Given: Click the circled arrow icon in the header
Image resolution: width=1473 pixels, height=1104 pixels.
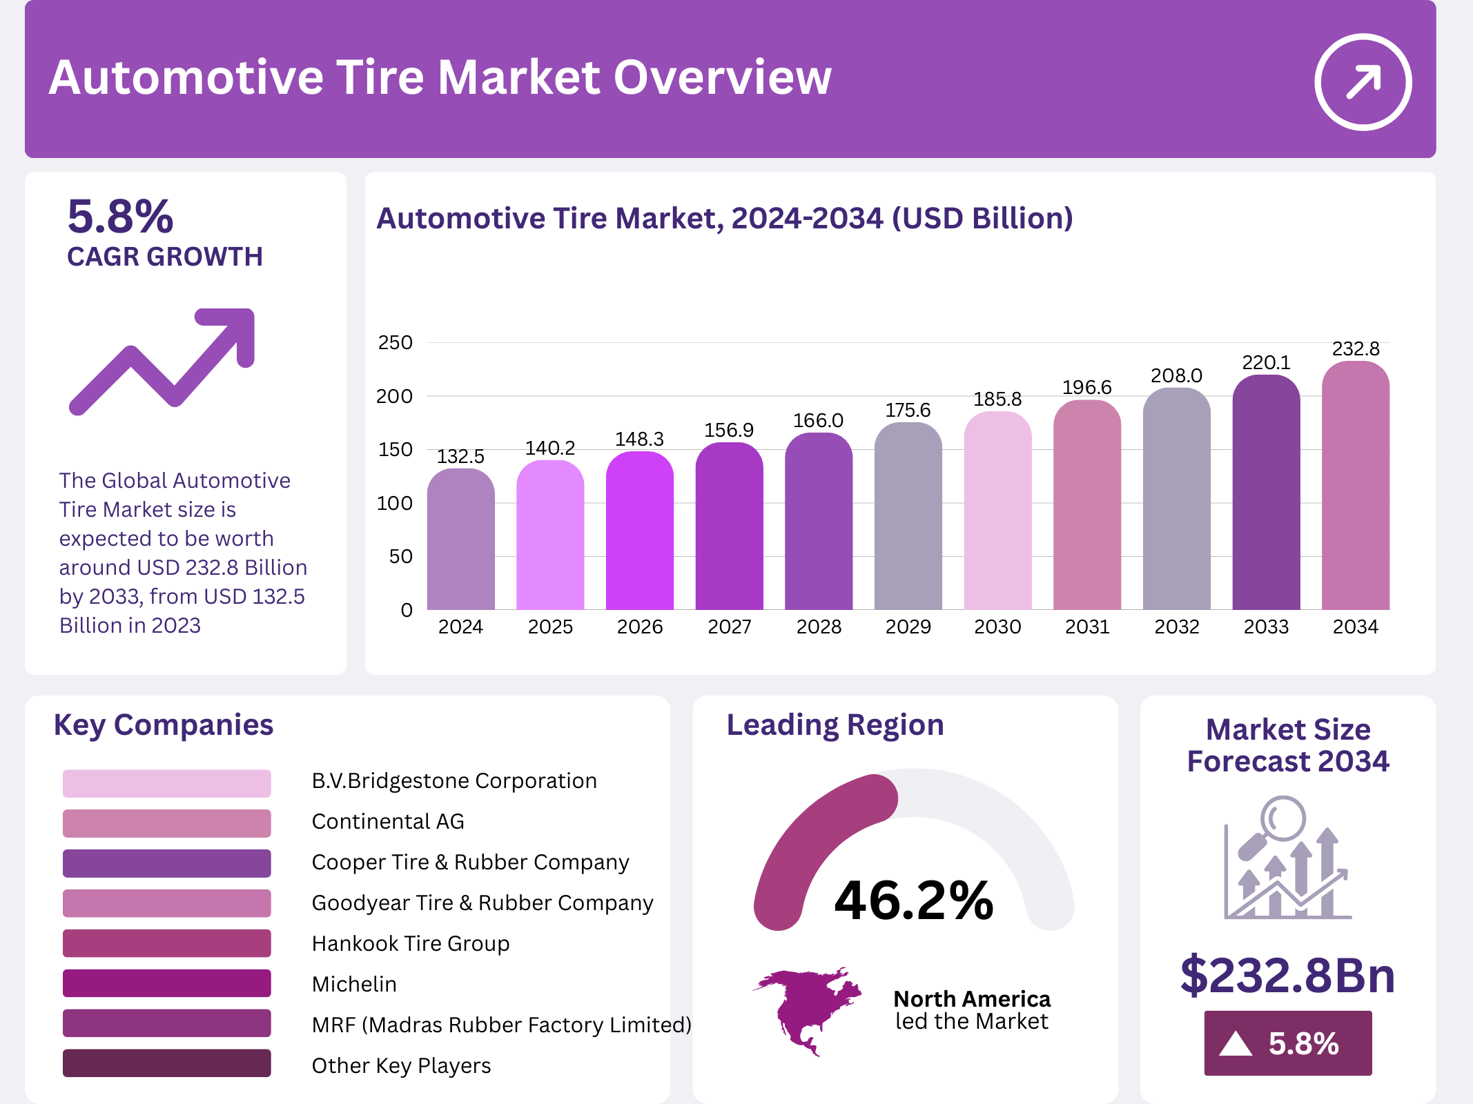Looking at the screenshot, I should tap(1363, 82).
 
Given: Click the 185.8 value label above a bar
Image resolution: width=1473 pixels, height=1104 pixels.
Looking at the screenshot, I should tap(997, 399).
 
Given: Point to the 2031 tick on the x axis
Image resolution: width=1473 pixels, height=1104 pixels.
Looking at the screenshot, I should tap(1087, 627).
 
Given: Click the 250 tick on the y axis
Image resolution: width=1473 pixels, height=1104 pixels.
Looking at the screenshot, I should tap(395, 342).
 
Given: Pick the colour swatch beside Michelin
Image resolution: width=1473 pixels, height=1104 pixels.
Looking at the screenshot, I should tap(166, 983).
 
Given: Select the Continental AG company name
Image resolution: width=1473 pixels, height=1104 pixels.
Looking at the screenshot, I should tap(388, 821).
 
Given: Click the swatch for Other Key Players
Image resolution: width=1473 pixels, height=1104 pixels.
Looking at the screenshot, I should tap(166, 1063).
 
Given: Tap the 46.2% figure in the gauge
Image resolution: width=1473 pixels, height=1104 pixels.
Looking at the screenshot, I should tap(914, 900).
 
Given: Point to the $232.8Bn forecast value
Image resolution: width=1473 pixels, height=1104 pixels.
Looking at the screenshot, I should tap(1287, 975).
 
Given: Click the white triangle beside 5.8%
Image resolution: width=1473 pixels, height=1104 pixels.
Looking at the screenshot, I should tap(1236, 1043).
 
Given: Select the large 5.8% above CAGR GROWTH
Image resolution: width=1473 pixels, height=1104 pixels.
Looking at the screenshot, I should tap(120, 217).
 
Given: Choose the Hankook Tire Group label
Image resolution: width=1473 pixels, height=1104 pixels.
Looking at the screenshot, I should tap(411, 943).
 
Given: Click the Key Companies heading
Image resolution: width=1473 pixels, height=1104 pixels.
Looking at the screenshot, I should tap(164, 725).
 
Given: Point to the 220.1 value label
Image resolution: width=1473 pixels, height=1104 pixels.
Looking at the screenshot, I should tap(1266, 362).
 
